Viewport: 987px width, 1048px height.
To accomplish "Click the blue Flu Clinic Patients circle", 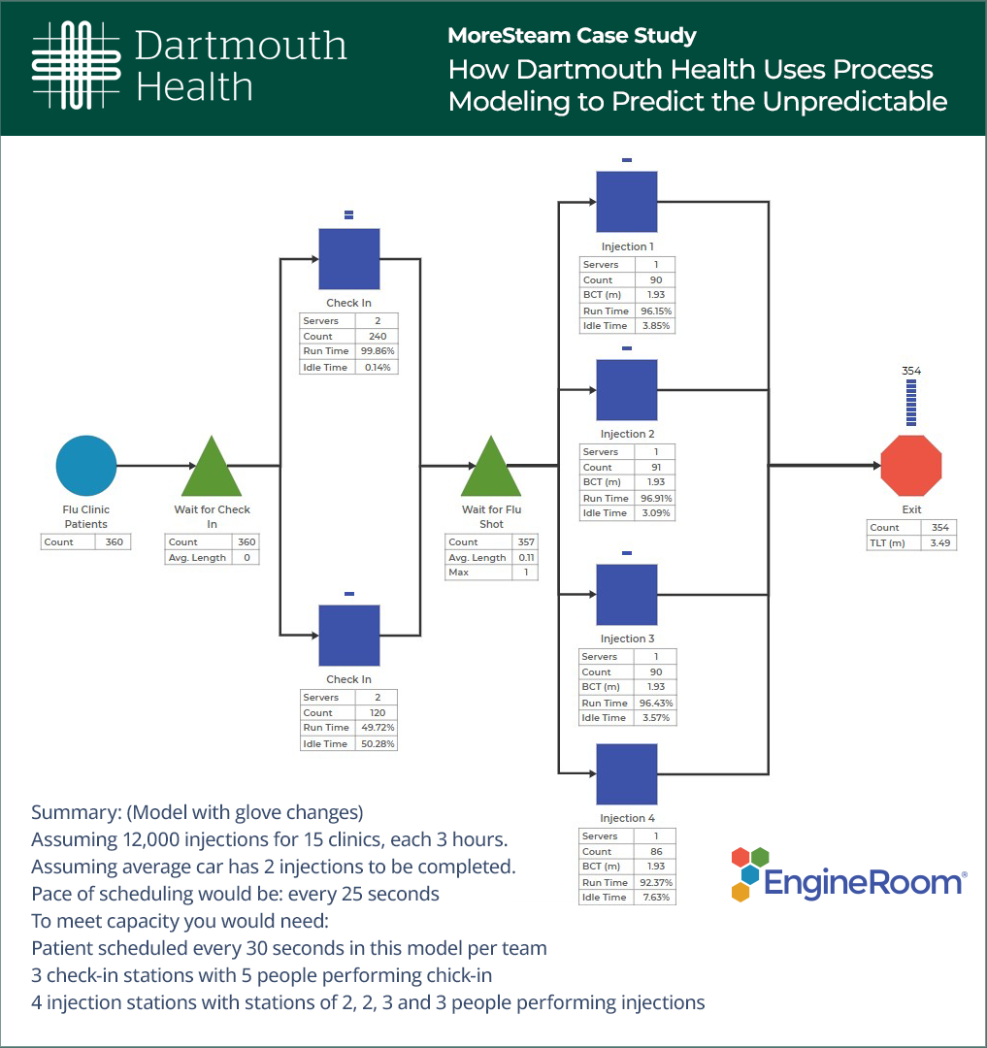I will click(x=86, y=466).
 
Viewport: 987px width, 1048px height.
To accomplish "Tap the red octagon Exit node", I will click(x=910, y=466).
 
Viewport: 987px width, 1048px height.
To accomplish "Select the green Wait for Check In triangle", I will click(x=212, y=470).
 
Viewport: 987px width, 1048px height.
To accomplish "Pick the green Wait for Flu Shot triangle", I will click(x=491, y=470).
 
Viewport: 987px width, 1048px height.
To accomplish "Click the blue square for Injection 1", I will click(x=626, y=202).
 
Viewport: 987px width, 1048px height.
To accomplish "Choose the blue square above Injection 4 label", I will click(x=626, y=773).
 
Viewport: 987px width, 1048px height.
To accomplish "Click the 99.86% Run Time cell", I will click(x=378, y=351).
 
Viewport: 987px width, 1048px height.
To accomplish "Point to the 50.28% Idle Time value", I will click(x=378, y=743).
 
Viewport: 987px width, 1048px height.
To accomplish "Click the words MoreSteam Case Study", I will click(x=572, y=36).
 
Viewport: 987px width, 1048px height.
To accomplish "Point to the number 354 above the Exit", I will click(x=911, y=371).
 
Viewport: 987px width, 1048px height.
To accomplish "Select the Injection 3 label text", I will click(x=627, y=639).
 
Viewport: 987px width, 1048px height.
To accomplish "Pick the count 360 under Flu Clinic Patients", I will click(x=115, y=541).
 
